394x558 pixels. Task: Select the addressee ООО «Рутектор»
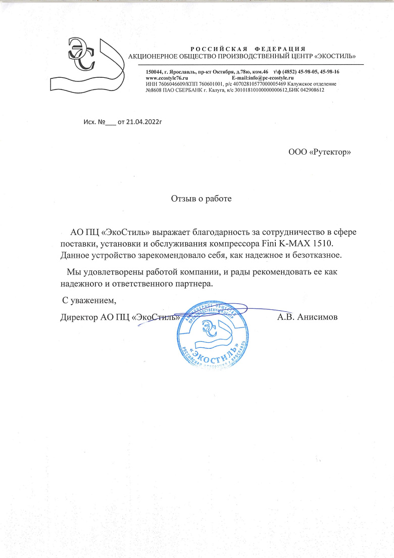pos(319,152)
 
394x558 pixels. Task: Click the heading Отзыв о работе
pos(201,199)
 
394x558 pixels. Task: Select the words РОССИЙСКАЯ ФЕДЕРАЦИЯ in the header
pos(248,48)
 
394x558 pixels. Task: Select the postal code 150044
pos(154,73)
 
